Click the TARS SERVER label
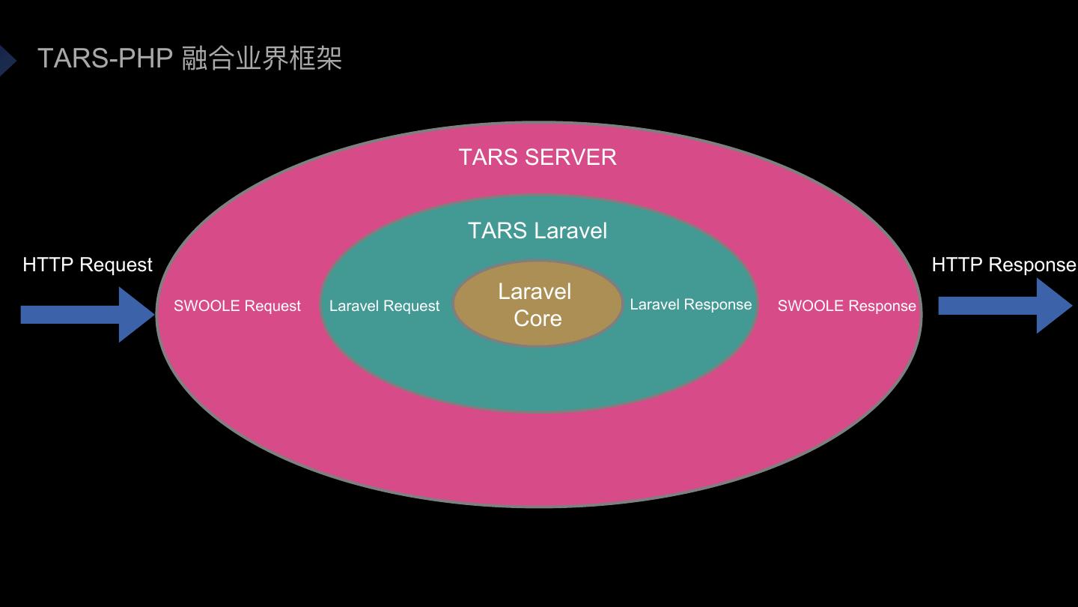[x=538, y=157]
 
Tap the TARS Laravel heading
[x=538, y=231]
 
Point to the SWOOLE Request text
[x=237, y=306]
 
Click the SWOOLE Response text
[x=847, y=306]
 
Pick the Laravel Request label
[x=384, y=306]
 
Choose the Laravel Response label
[x=690, y=304]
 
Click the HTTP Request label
[x=88, y=265]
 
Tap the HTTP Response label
[x=1003, y=265]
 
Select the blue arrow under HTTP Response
[x=1003, y=306]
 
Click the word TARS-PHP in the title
[x=105, y=58]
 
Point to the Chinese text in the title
[x=262, y=58]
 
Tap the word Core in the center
[x=538, y=318]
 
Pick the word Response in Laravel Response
[x=717, y=304]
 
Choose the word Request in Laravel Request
[x=411, y=306]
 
